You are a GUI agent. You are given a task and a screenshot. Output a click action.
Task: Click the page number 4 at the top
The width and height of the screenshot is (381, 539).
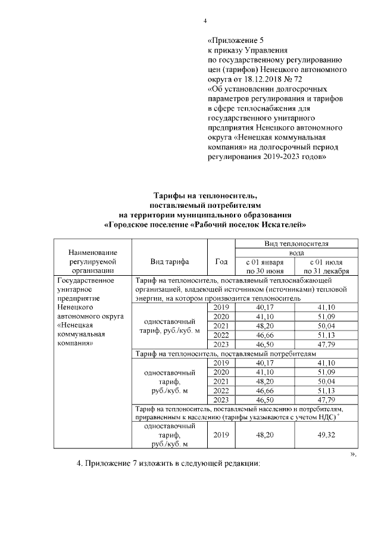coord(205,21)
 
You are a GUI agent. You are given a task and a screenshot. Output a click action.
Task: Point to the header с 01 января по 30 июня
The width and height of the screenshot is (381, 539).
coord(264,266)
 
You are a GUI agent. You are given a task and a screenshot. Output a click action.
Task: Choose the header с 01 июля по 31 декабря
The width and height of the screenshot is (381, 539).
coord(324,266)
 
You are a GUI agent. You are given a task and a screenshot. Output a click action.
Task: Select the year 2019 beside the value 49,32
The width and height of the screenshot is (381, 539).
coord(221,435)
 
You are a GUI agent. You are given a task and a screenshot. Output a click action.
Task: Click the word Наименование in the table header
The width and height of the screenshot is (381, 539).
coord(92,253)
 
